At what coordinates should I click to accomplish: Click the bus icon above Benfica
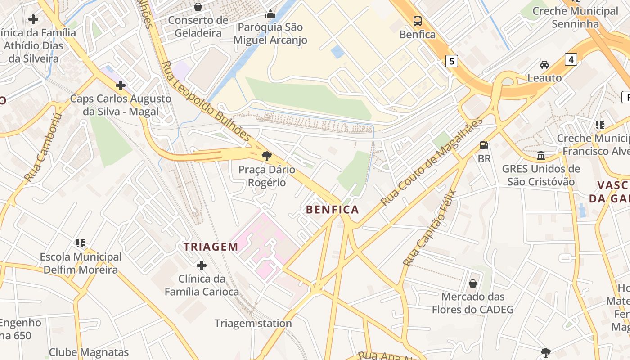418,21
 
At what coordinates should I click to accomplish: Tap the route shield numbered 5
452,61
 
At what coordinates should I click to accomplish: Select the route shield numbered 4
571,59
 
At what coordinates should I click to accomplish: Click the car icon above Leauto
544,64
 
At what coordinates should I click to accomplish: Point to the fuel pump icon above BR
484,145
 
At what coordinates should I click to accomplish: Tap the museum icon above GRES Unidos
541,156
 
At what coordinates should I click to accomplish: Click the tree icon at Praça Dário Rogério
266,156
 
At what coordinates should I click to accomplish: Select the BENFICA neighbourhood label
333,210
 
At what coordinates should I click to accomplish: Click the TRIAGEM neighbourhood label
211,247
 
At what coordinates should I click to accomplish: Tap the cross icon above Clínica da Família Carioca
202,265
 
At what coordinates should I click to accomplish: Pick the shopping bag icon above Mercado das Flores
473,283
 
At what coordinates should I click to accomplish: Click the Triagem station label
253,323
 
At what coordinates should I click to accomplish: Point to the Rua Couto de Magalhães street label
432,162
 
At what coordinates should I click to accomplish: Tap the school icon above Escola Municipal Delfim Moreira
81,243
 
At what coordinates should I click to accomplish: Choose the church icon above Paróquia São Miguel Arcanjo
270,14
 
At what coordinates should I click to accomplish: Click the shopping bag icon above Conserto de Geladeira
198,7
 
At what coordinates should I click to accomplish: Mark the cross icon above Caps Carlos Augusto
121,85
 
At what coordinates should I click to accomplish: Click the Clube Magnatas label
89,352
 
